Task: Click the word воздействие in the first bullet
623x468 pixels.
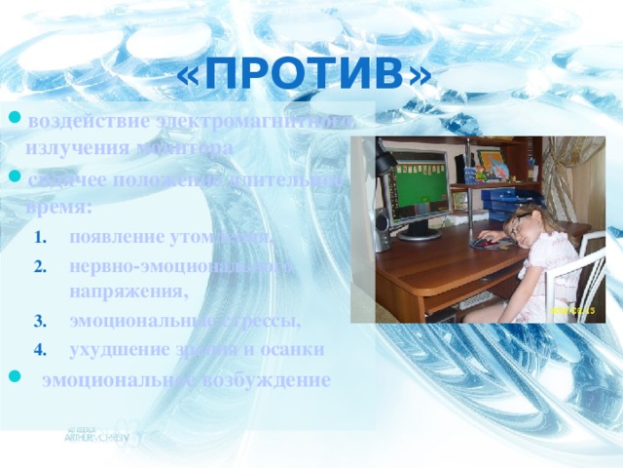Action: pos(89,121)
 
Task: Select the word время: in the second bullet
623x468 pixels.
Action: pos(59,208)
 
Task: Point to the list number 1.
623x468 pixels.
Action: pos(39,237)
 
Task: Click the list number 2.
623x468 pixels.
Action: pos(39,265)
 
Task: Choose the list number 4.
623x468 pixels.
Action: pos(39,349)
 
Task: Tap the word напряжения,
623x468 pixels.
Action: pos(126,291)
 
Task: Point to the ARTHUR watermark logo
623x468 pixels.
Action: pos(96,435)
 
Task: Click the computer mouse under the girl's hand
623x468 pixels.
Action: pos(481,243)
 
